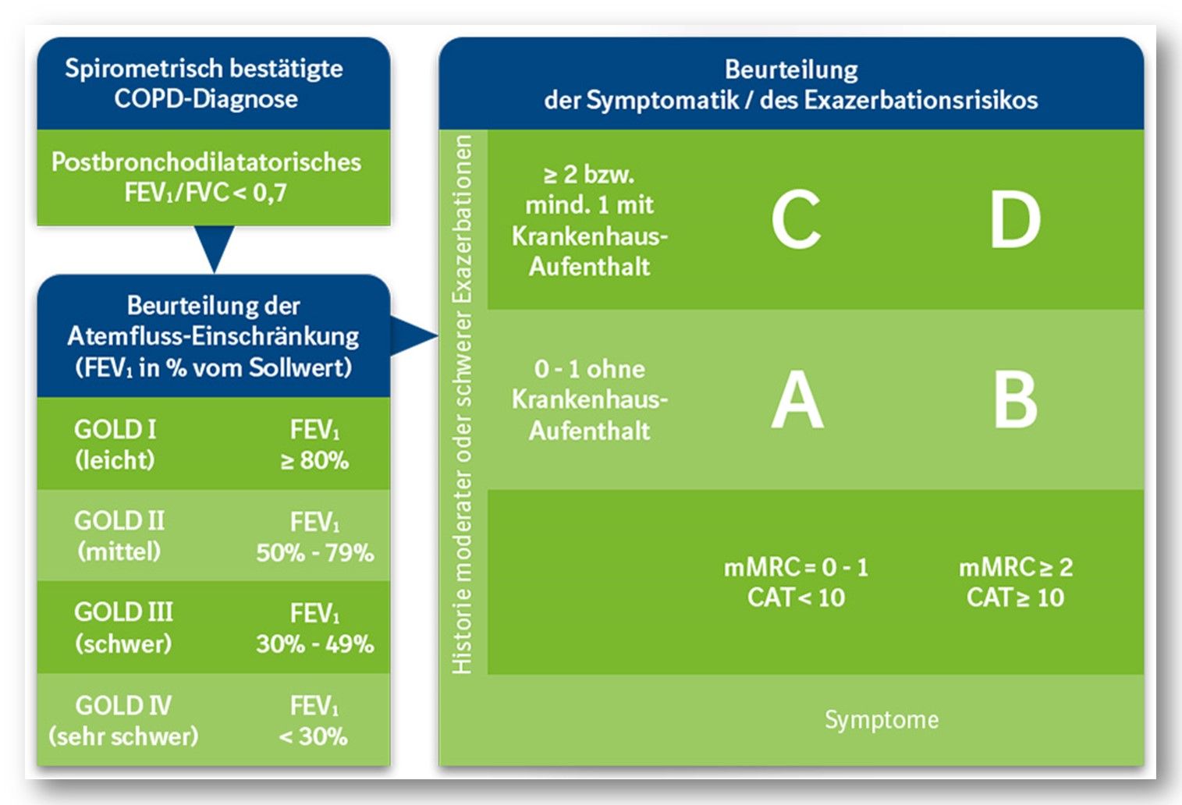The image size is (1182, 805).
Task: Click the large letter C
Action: click(x=796, y=220)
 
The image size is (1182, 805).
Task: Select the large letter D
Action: click(x=1014, y=220)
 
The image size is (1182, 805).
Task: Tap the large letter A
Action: click(x=797, y=400)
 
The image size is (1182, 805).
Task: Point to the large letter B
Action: click(x=1014, y=400)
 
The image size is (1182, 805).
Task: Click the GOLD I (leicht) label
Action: click(x=115, y=445)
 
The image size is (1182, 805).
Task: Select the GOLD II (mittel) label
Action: click(x=119, y=536)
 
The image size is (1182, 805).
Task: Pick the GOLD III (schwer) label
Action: click(x=123, y=628)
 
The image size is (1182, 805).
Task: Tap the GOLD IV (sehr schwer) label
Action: click(x=123, y=720)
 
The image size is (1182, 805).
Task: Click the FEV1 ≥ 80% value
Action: click(x=314, y=445)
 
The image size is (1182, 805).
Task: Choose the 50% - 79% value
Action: click(x=314, y=552)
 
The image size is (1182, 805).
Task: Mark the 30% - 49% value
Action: click(x=314, y=644)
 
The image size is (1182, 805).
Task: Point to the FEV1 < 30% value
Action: click(x=314, y=720)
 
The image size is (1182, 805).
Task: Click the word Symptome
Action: click(x=882, y=719)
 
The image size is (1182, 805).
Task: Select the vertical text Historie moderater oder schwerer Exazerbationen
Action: click(x=463, y=404)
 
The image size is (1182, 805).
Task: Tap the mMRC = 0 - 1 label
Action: click(x=796, y=567)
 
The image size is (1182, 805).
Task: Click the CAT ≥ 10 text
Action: click(x=1015, y=598)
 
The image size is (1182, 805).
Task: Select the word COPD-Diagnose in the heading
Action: click(x=206, y=99)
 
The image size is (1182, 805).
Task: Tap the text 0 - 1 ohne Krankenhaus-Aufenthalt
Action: click(x=590, y=399)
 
